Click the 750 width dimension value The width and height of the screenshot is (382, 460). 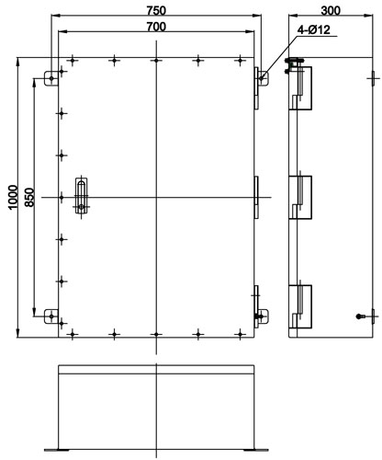coord(156,11)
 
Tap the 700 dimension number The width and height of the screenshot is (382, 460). coord(156,27)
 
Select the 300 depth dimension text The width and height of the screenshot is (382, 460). coord(331,11)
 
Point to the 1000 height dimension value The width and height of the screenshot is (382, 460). coord(13,197)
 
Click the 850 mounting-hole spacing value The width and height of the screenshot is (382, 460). coord(29,197)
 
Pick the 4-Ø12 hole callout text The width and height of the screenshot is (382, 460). coord(314,29)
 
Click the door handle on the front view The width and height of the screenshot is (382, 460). coord(81,195)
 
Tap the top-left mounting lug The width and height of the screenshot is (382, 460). coord(51,78)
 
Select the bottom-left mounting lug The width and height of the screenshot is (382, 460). coord(51,316)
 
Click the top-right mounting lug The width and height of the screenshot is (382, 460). coord(263,78)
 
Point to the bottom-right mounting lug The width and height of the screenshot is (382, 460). coord(263,316)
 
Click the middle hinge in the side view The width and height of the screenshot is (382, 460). coord(300,197)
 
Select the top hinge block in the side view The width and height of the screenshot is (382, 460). coord(300,88)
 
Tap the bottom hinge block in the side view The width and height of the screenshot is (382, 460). coord(300,306)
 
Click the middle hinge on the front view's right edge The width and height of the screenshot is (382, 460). coord(256,197)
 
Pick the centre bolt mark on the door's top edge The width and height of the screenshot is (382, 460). coord(156,61)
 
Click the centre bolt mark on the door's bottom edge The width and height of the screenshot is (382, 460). coord(156,334)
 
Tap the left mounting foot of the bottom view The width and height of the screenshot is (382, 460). coord(57,450)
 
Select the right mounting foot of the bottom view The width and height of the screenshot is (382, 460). coord(256,450)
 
